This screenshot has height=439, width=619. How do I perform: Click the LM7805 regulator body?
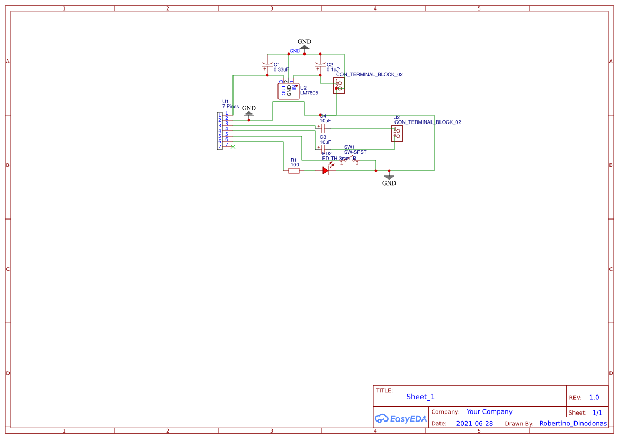(289, 91)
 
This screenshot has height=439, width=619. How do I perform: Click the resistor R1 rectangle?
(294, 171)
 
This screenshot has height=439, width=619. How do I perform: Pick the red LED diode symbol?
(326, 171)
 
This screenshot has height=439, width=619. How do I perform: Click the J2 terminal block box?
(397, 134)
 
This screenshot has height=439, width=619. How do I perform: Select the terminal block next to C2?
(339, 86)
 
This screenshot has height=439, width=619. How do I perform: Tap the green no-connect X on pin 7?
(233, 146)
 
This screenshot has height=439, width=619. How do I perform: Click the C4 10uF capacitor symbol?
(322, 128)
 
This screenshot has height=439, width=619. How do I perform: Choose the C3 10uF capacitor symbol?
(322, 148)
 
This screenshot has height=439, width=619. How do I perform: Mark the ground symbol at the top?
(304, 47)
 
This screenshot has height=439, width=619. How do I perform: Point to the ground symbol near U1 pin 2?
(249, 113)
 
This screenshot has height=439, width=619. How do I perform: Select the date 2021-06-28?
(474, 424)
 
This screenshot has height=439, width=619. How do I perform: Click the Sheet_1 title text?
(420, 397)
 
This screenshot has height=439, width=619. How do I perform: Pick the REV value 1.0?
(594, 397)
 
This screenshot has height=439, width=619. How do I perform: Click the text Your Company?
(489, 412)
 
